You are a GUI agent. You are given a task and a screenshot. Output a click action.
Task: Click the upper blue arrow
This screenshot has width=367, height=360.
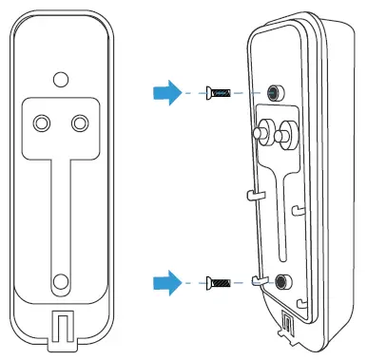165,92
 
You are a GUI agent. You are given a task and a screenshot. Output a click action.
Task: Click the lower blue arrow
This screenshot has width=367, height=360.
165,281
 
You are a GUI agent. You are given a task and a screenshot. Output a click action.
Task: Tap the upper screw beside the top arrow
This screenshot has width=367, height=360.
219,92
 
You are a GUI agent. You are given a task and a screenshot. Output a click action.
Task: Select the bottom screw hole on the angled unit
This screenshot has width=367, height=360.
282,281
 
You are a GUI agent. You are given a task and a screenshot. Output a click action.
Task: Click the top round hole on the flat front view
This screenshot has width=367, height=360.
60,79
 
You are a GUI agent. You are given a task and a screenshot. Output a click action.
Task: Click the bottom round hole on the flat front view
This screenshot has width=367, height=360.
60,280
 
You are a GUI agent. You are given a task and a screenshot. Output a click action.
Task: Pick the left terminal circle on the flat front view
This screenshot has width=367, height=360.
43,123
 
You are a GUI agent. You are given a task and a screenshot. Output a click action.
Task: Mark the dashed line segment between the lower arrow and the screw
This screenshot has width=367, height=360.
193,281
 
